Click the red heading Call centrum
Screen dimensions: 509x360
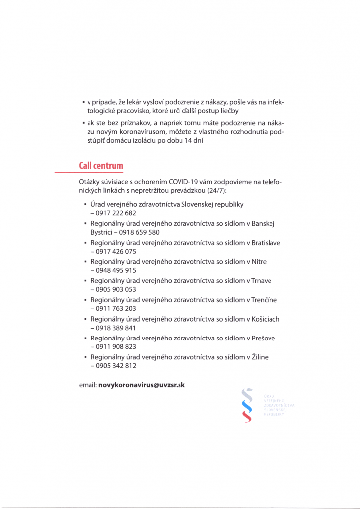point(101,165)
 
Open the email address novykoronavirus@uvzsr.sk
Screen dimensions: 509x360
point(142,385)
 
